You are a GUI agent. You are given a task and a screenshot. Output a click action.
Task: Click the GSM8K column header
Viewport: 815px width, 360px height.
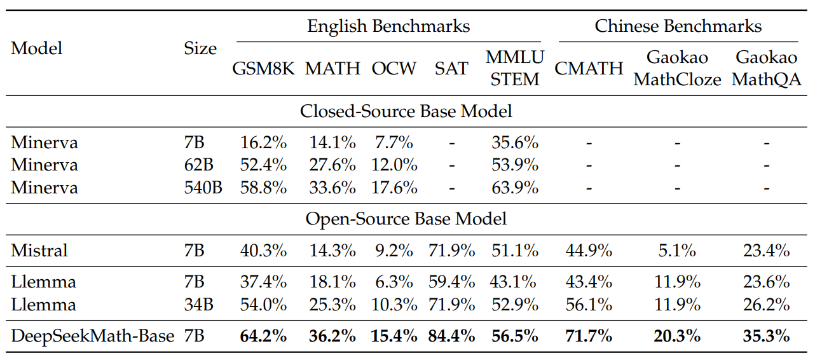(x=263, y=68)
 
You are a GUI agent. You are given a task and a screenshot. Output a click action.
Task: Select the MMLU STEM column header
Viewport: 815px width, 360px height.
(x=515, y=68)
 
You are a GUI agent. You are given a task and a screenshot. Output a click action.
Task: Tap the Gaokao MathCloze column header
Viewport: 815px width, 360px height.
(x=677, y=68)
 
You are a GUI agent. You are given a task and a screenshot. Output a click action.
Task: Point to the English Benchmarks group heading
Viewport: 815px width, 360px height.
(x=388, y=26)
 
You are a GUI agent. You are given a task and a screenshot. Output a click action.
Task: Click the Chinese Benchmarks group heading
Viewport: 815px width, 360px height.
(x=678, y=26)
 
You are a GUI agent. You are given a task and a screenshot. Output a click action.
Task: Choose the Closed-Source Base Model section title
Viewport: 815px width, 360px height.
(x=406, y=111)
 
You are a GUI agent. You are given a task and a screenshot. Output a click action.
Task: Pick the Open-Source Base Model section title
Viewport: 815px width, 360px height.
(x=406, y=219)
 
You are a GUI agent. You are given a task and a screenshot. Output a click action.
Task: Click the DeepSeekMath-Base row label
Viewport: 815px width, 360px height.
(x=92, y=336)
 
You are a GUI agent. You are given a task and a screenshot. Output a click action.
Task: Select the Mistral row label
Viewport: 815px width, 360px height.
(x=39, y=251)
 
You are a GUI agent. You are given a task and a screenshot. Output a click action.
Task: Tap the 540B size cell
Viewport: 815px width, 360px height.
(x=203, y=188)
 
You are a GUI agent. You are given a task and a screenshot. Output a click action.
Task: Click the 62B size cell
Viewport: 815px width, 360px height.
(x=198, y=165)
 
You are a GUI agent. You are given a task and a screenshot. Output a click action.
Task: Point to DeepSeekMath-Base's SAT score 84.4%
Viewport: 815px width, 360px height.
(x=451, y=336)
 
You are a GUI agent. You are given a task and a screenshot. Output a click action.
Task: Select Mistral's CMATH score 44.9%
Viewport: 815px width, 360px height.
(x=589, y=251)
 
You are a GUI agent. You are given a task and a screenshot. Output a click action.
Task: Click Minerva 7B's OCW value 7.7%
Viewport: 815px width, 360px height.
(x=394, y=142)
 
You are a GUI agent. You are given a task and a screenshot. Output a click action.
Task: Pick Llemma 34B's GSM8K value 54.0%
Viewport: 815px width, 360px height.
(x=263, y=305)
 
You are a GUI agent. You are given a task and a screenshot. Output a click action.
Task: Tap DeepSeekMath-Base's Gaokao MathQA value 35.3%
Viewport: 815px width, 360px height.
(x=766, y=336)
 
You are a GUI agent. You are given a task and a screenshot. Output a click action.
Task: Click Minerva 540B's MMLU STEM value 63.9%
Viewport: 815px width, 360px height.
(x=515, y=188)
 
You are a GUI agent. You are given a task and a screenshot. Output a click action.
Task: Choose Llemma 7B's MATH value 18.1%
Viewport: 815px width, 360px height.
(x=332, y=282)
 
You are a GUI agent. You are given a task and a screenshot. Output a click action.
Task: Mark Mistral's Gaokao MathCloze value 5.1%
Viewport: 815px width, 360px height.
(x=677, y=251)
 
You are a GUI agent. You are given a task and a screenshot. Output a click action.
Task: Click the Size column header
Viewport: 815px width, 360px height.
(x=200, y=48)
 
